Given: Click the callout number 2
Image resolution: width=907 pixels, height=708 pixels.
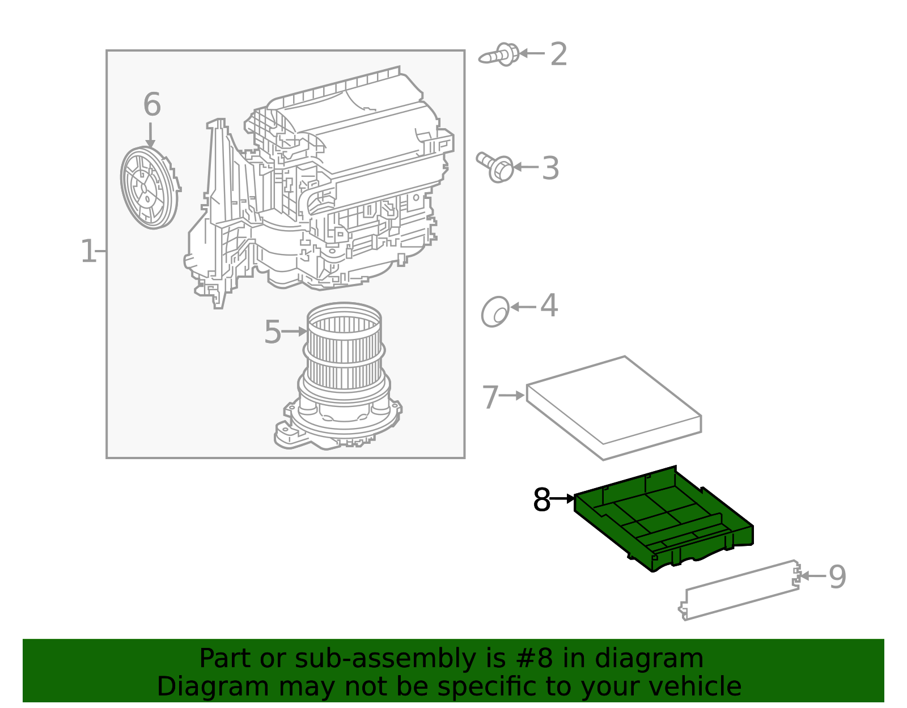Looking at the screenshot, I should point(558,54).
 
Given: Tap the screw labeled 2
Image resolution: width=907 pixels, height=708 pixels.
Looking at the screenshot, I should point(500,55).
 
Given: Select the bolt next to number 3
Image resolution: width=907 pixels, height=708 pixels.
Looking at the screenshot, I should point(496,167).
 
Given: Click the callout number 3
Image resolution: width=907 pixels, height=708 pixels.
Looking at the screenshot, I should point(550,168).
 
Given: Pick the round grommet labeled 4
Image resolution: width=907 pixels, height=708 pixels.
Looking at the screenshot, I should point(495,311).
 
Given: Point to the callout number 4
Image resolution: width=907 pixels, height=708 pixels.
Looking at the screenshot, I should point(549,306).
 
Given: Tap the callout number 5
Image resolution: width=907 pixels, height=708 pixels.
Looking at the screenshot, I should point(273,332).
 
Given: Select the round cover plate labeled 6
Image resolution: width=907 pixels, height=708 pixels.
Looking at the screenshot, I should point(149,188).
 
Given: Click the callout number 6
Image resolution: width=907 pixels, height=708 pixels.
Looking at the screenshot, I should point(151,105).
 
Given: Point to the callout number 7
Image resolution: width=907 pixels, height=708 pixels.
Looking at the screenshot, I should point(490,397).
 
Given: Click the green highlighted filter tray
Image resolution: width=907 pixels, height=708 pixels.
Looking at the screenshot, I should point(663,519).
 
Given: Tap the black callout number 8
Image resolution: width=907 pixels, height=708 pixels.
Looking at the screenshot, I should point(541,500).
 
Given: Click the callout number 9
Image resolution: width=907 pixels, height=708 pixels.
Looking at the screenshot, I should point(837,577).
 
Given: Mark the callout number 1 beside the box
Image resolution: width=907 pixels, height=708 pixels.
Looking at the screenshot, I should point(88,251).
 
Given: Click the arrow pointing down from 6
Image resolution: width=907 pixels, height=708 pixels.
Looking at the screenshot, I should point(150,135).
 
